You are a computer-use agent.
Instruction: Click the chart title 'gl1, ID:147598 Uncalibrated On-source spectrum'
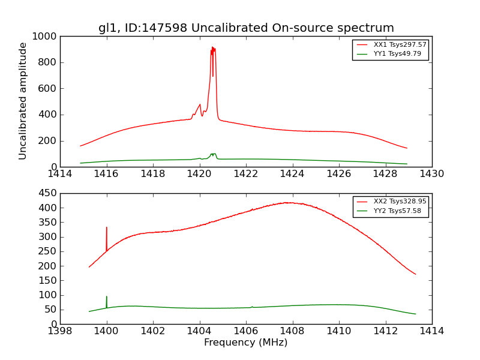click(x=246, y=28)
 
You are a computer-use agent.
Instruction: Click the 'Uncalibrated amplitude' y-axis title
click(x=23, y=101)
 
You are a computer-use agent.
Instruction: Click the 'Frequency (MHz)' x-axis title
click(x=246, y=343)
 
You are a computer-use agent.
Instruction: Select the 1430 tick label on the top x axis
click(x=431, y=174)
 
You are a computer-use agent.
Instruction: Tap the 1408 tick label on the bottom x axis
click(x=292, y=331)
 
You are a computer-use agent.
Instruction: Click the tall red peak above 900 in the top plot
click(x=213, y=49)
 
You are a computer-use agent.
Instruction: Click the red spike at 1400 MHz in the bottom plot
click(x=107, y=229)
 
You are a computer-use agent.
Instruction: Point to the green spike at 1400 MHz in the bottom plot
click(x=107, y=298)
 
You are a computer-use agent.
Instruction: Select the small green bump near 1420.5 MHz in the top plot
click(x=213, y=154)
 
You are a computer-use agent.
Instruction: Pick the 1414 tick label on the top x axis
click(x=60, y=174)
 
